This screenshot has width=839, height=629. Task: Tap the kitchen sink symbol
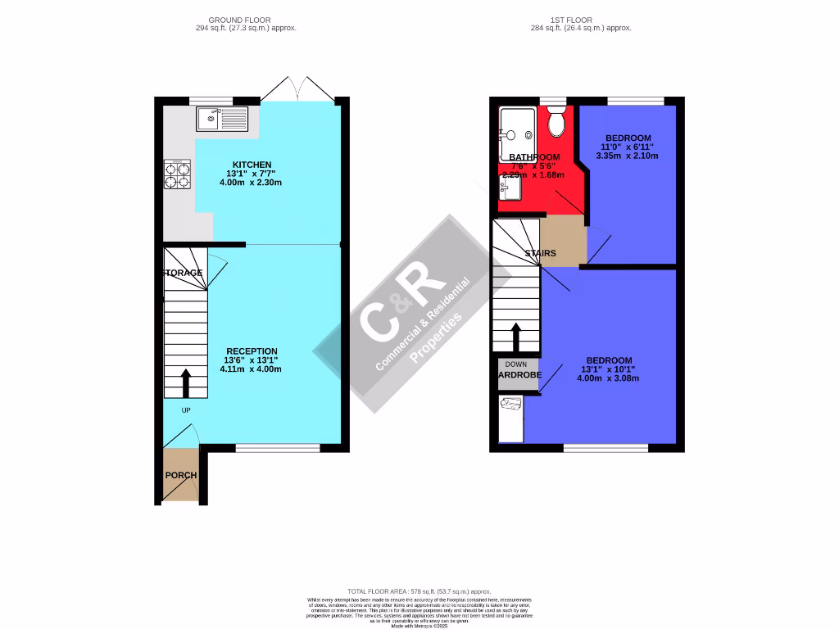pyautogui.click(x=221, y=119)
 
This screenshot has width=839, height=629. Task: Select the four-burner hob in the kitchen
pyautogui.click(x=178, y=175)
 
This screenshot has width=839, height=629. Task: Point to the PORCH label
pyautogui.click(x=181, y=475)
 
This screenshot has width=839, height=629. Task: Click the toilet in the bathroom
pyautogui.click(x=556, y=124)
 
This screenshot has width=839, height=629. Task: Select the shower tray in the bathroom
pyautogui.click(x=517, y=133)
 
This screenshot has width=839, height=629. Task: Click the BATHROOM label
pyautogui.click(x=534, y=157)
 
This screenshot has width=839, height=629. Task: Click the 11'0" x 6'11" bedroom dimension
pyautogui.click(x=628, y=147)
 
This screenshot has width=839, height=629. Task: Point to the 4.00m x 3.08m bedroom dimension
pyautogui.click(x=608, y=378)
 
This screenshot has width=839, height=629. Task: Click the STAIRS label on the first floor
pyautogui.click(x=540, y=253)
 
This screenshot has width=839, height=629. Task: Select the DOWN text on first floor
pyautogui.click(x=516, y=364)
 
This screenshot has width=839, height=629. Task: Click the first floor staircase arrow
pyautogui.click(x=516, y=336)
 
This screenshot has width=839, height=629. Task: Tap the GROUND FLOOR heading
pyautogui.click(x=239, y=20)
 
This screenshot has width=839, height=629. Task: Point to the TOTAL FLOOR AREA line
pyautogui.click(x=419, y=591)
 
